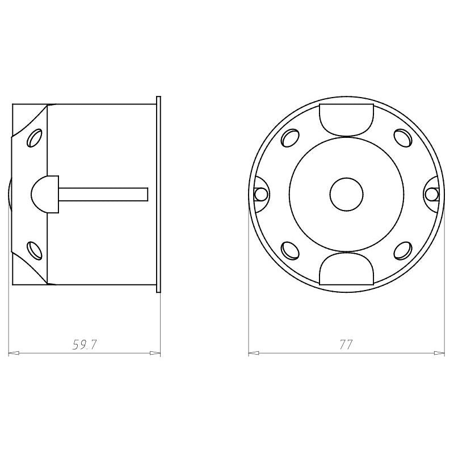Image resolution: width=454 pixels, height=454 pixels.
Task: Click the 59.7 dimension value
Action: click(x=84, y=345)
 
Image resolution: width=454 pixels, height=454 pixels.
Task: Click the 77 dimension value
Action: click(x=346, y=345)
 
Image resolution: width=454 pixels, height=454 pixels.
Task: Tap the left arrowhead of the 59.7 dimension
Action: click(x=14, y=353)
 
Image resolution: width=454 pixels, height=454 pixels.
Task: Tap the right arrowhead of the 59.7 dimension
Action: click(x=154, y=353)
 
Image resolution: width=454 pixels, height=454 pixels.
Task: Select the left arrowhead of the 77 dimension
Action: click(x=254, y=353)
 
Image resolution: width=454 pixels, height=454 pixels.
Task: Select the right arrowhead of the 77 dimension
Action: click(x=439, y=353)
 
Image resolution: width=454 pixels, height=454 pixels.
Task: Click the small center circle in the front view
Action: click(x=347, y=194)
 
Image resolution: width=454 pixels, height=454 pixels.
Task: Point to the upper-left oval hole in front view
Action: click(x=290, y=138)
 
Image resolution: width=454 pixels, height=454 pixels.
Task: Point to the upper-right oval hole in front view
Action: click(x=403, y=138)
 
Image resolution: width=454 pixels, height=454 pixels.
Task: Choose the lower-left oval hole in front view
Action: click(x=290, y=250)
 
